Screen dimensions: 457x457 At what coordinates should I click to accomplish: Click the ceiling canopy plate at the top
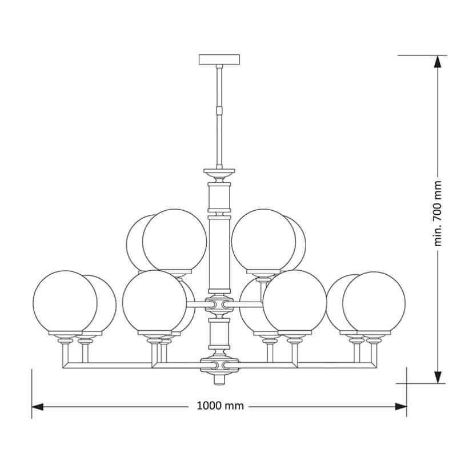point(219,59)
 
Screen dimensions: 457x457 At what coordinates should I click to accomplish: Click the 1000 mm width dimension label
point(221,406)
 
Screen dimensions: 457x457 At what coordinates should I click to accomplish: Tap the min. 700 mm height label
point(438,214)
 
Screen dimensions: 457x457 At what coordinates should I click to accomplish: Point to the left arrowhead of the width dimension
point(37,407)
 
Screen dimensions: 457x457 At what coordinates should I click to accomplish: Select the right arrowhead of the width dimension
point(401,407)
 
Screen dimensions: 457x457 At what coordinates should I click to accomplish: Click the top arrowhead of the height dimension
point(438,62)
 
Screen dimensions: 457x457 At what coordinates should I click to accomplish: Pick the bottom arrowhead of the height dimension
point(438,378)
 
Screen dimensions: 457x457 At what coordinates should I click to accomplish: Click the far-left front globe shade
point(65,302)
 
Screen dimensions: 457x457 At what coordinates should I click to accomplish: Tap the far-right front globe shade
point(374,303)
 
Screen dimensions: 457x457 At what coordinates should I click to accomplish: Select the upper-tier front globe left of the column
point(174,240)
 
